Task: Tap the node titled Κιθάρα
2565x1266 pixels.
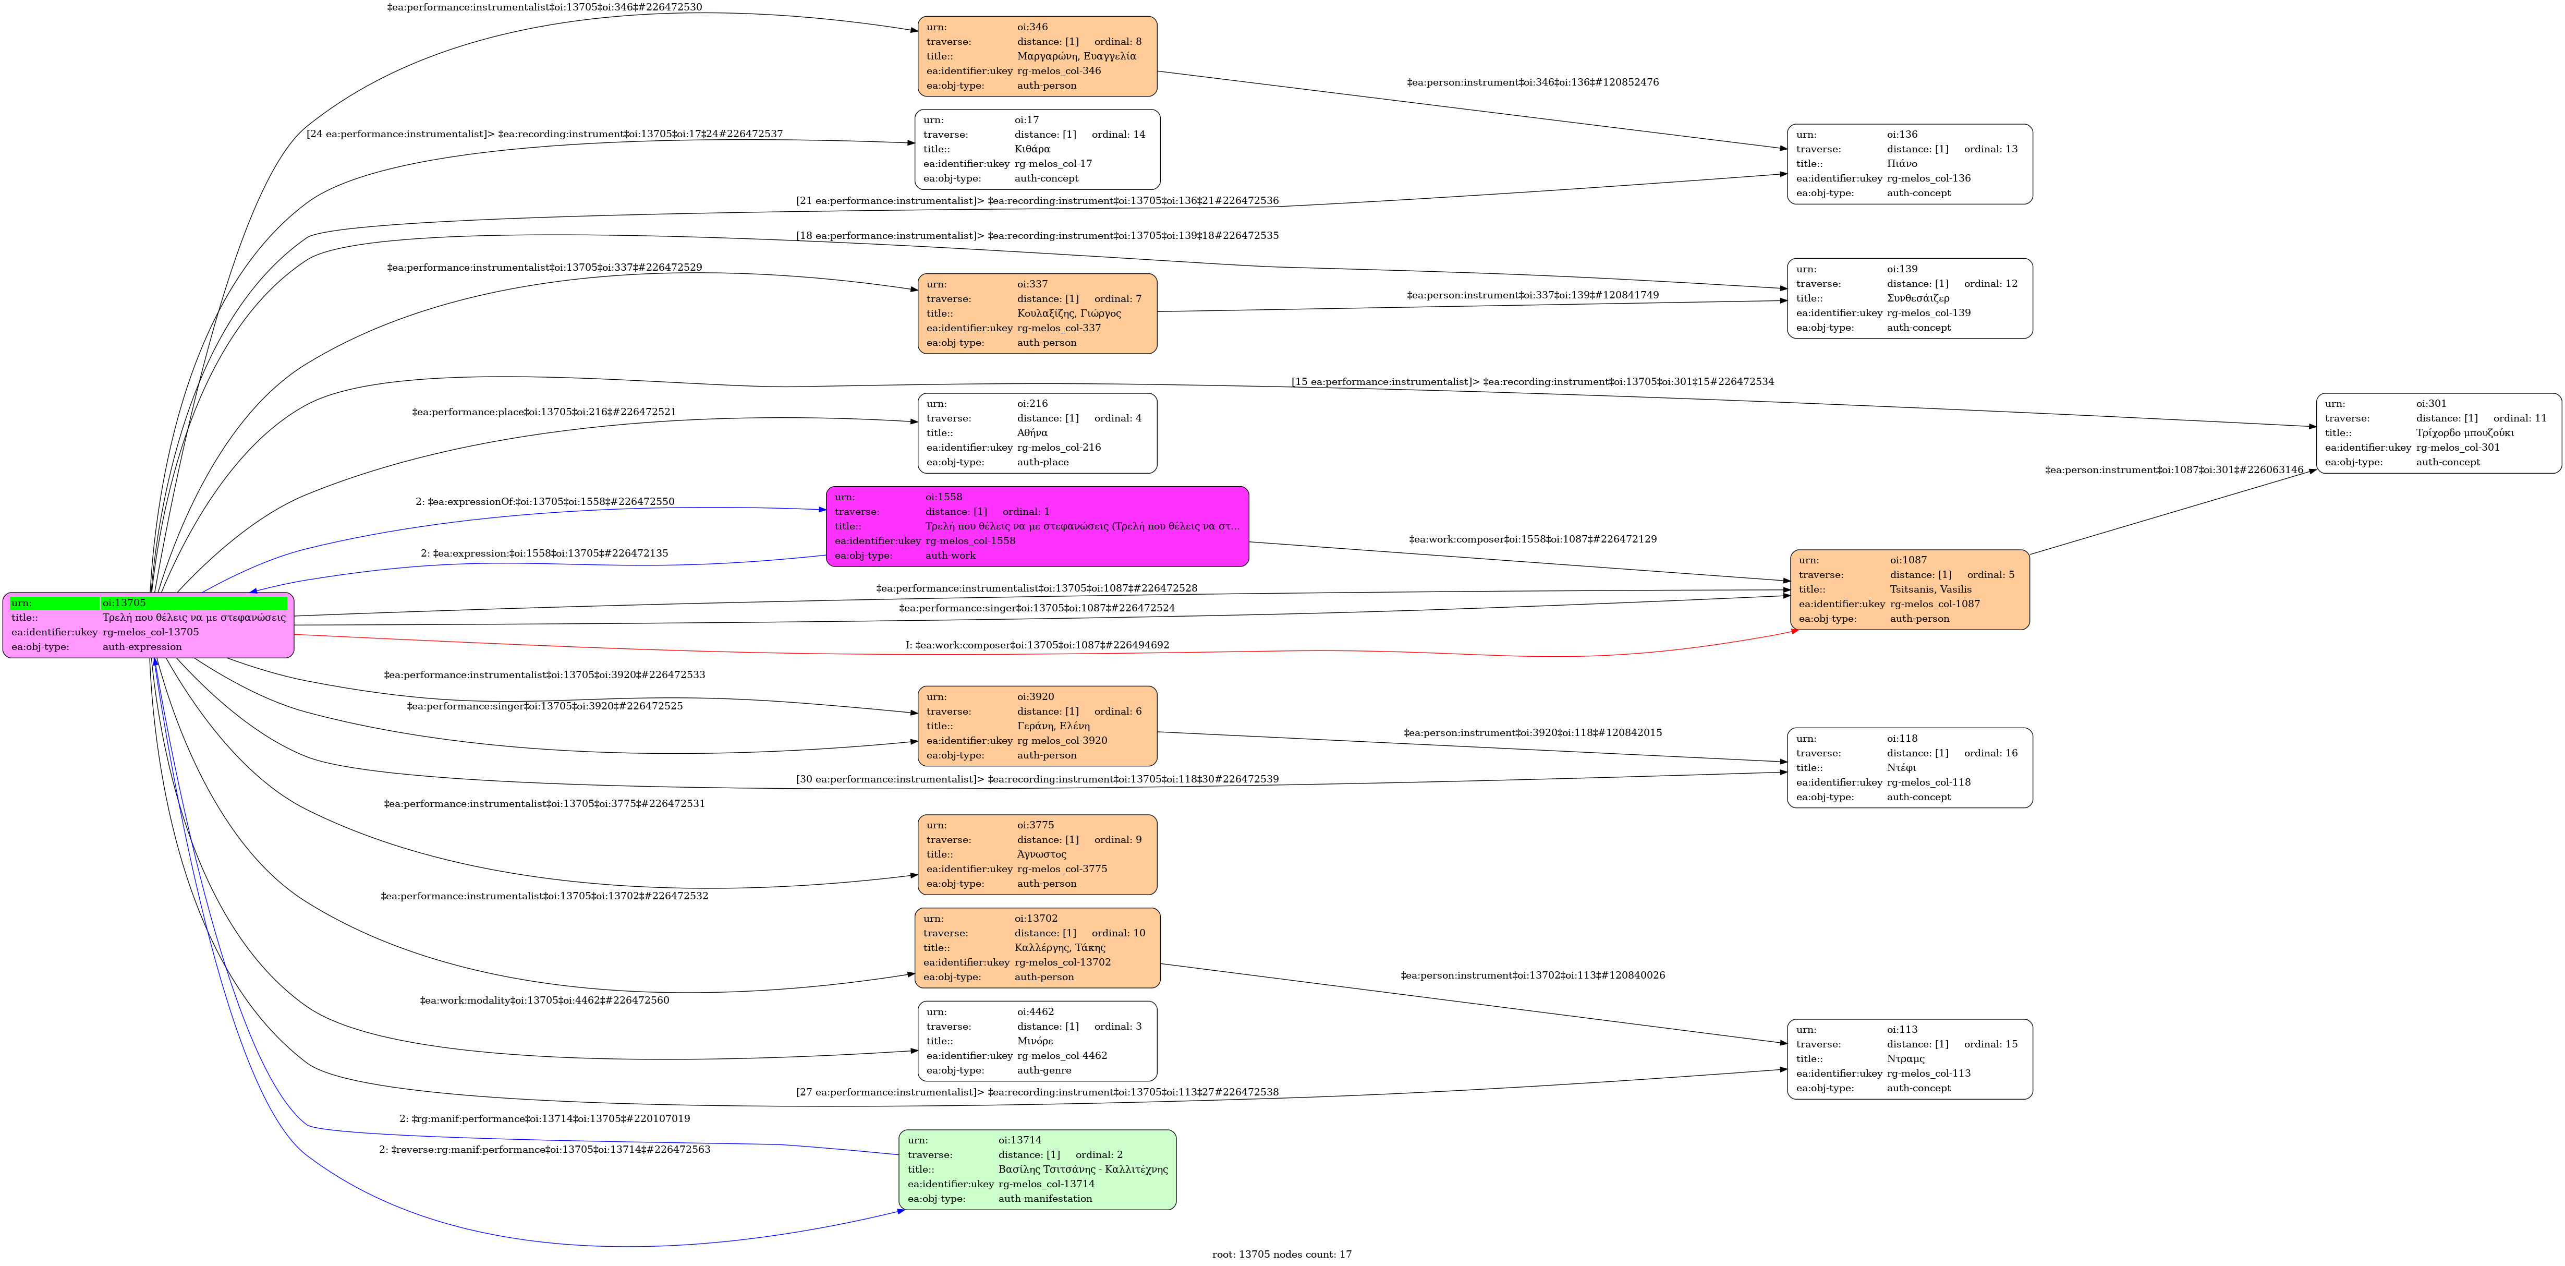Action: point(1037,149)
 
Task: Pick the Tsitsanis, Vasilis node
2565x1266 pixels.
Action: point(1909,589)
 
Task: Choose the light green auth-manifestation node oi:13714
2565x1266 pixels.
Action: point(1037,1169)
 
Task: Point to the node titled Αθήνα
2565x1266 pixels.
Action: point(1037,433)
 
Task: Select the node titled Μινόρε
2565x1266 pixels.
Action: point(1037,1041)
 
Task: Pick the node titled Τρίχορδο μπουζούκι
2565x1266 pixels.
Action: point(2438,433)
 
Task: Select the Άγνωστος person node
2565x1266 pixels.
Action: point(1037,854)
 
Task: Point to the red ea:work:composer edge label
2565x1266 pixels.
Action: point(1037,645)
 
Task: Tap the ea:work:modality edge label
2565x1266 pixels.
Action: point(544,1000)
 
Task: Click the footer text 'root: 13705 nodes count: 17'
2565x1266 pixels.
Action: point(1282,1254)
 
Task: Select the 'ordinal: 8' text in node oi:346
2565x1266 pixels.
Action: point(1117,42)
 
